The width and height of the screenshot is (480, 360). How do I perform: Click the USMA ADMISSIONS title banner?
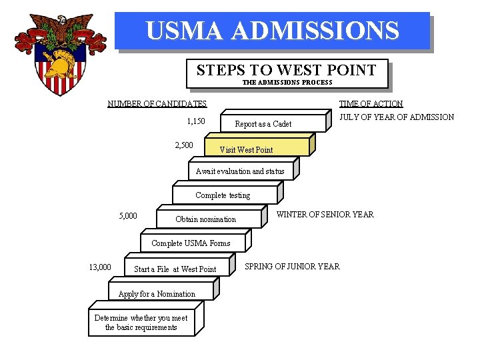[x=272, y=31]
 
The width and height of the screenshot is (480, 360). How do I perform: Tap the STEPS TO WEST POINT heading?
[x=286, y=70]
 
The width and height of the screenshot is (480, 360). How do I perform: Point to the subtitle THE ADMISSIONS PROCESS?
[x=287, y=83]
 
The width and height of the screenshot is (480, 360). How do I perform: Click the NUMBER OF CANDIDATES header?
[x=157, y=103]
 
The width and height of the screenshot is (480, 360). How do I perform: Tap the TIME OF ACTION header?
[x=371, y=103]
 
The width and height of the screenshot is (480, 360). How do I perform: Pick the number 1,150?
[x=195, y=121]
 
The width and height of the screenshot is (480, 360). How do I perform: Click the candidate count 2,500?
[x=184, y=145]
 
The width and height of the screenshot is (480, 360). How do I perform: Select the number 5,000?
[x=128, y=215]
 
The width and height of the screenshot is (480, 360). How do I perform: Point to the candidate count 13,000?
[x=100, y=267]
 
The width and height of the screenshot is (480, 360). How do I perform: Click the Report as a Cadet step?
[x=263, y=124]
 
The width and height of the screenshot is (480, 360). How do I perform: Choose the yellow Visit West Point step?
[x=246, y=149]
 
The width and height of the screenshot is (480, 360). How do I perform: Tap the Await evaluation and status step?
[x=240, y=171]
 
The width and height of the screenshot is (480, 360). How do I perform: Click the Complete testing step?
[x=223, y=195]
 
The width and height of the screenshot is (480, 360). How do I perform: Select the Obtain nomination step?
[x=205, y=219]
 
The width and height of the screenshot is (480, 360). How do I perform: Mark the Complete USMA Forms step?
[x=191, y=243]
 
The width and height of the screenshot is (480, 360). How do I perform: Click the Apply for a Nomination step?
[x=157, y=294]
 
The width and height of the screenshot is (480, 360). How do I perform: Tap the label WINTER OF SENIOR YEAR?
[x=325, y=215]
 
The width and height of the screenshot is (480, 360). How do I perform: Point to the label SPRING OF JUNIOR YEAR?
[x=292, y=266]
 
